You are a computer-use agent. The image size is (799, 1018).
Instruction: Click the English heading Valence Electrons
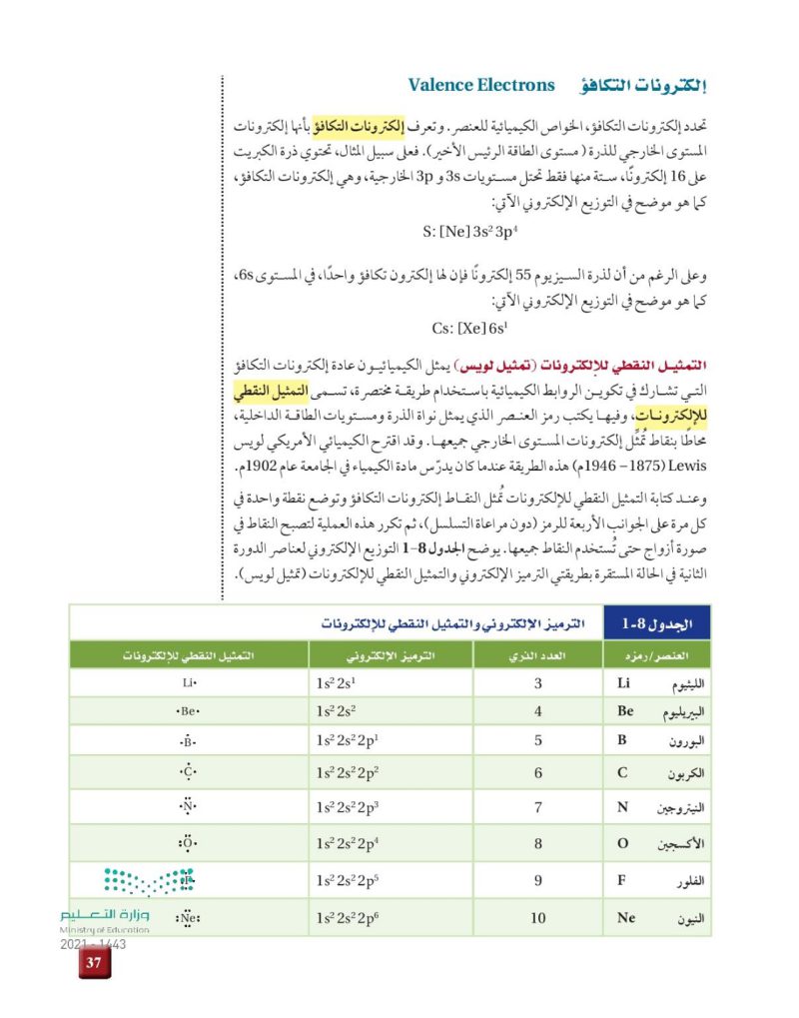pyautogui.click(x=481, y=85)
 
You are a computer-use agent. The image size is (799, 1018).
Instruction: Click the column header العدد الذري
pyautogui.click(x=540, y=655)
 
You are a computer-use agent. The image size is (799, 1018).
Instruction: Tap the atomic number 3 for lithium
pyautogui.click(x=538, y=684)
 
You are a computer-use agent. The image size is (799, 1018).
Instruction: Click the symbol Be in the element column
pyautogui.click(x=626, y=712)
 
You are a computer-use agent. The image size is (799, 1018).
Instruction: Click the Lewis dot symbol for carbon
pyautogui.click(x=187, y=772)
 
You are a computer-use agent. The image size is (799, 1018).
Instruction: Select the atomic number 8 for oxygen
pyautogui.click(x=538, y=843)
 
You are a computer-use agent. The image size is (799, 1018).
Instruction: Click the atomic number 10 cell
pyautogui.click(x=538, y=917)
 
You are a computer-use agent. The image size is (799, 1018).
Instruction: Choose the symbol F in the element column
pyautogui.click(x=622, y=880)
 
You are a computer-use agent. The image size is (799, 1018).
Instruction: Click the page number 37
pyautogui.click(x=95, y=962)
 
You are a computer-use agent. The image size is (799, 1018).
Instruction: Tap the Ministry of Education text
pyautogui.click(x=105, y=929)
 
